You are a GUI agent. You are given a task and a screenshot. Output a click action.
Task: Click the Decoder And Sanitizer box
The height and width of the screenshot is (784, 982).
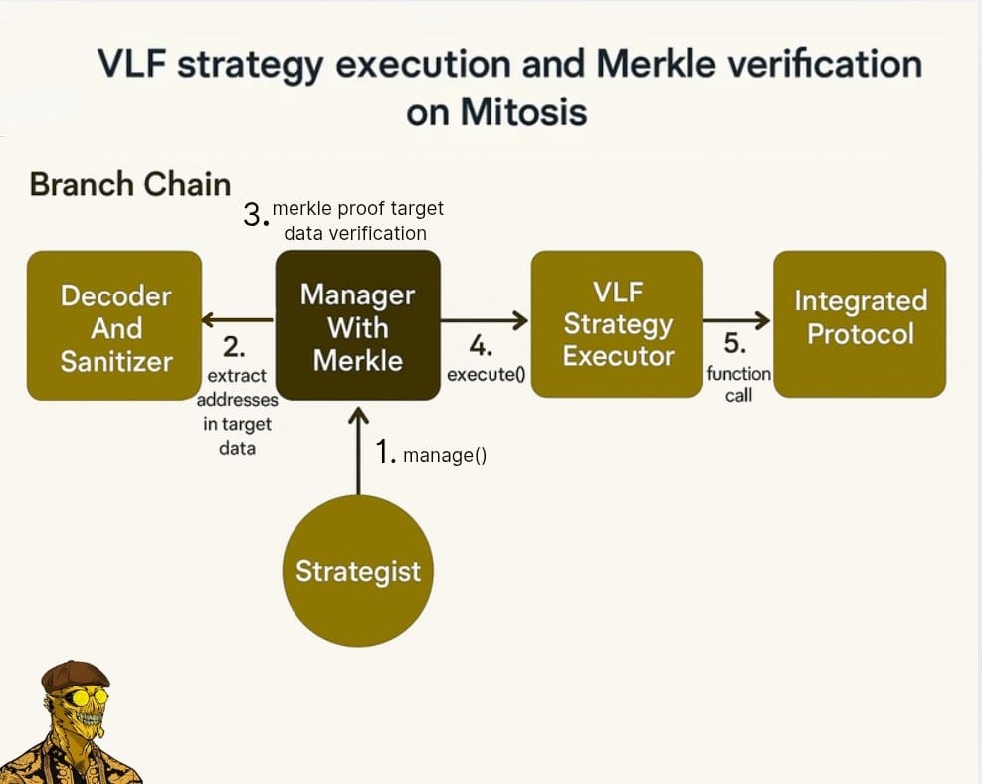(114, 325)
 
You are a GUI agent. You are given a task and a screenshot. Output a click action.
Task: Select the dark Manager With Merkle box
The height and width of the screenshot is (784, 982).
(358, 325)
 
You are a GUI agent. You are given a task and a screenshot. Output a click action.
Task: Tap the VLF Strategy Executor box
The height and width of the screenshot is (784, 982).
(617, 324)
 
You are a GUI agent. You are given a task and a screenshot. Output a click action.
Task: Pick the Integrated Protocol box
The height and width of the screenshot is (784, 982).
(860, 324)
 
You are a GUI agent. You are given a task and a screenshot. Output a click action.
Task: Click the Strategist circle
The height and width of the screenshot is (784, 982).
(357, 570)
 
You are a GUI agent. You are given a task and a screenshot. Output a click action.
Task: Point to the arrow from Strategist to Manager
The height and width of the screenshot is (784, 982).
(358, 451)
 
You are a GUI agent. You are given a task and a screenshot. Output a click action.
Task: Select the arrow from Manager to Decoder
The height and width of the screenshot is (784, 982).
(238, 320)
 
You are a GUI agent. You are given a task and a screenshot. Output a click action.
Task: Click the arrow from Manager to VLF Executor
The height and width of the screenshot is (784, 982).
(485, 320)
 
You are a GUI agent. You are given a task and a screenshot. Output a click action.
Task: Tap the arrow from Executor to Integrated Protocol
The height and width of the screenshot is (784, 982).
(737, 320)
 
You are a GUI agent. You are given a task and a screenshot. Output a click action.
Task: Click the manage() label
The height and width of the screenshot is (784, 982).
(445, 456)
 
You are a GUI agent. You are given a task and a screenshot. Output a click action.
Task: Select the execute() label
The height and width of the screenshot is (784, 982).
(486, 374)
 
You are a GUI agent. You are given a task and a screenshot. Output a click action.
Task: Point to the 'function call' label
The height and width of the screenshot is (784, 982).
(739, 384)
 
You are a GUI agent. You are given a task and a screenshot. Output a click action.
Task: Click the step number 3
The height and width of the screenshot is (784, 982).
(256, 216)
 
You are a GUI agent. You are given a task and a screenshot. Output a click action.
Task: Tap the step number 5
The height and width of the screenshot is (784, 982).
(734, 344)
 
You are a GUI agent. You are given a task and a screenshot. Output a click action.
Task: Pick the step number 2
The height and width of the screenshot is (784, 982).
(234, 347)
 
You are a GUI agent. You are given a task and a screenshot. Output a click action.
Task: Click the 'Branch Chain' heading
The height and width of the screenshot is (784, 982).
(130, 185)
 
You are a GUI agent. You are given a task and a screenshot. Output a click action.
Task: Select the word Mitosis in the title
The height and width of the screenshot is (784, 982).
(523, 112)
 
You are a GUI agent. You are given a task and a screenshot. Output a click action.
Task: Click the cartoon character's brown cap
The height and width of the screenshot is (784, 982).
(76, 675)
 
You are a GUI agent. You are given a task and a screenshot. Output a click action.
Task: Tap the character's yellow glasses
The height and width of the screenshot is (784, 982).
(84, 697)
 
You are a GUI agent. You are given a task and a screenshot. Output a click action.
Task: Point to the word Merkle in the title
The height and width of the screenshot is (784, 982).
(656, 64)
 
